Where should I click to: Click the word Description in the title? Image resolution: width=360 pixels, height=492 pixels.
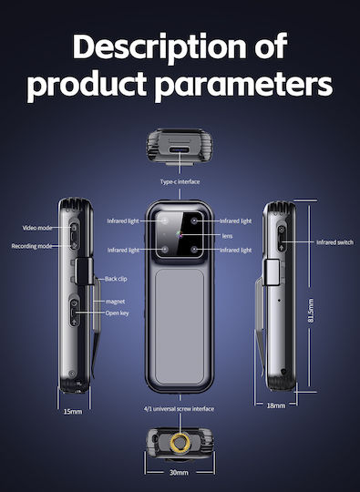point(161,46)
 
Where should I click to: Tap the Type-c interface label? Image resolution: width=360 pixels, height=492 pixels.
point(180,181)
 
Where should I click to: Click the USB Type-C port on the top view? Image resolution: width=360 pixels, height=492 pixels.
point(180,149)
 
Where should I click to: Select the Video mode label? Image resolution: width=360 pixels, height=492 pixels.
point(37,228)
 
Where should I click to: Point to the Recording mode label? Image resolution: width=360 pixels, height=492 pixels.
point(32,246)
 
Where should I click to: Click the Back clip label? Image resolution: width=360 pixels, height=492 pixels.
point(116,279)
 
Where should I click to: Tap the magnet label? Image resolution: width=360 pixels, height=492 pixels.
point(115,302)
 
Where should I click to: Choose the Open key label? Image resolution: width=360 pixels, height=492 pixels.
point(117,313)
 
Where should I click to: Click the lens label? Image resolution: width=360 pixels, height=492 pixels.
point(227,236)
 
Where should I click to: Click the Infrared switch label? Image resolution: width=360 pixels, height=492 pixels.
point(334,242)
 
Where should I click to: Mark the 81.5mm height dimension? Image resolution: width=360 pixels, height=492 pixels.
point(311,311)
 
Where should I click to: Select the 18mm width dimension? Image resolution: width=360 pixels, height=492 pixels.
point(276,405)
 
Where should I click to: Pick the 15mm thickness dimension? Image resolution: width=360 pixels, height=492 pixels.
point(73,411)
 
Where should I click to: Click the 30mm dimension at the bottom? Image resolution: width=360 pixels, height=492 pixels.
point(179,472)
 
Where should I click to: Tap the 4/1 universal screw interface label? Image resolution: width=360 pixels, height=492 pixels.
point(179,409)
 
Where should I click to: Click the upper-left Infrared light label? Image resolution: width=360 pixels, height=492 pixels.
point(123,220)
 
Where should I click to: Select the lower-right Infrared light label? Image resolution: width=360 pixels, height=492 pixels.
point(236,250)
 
